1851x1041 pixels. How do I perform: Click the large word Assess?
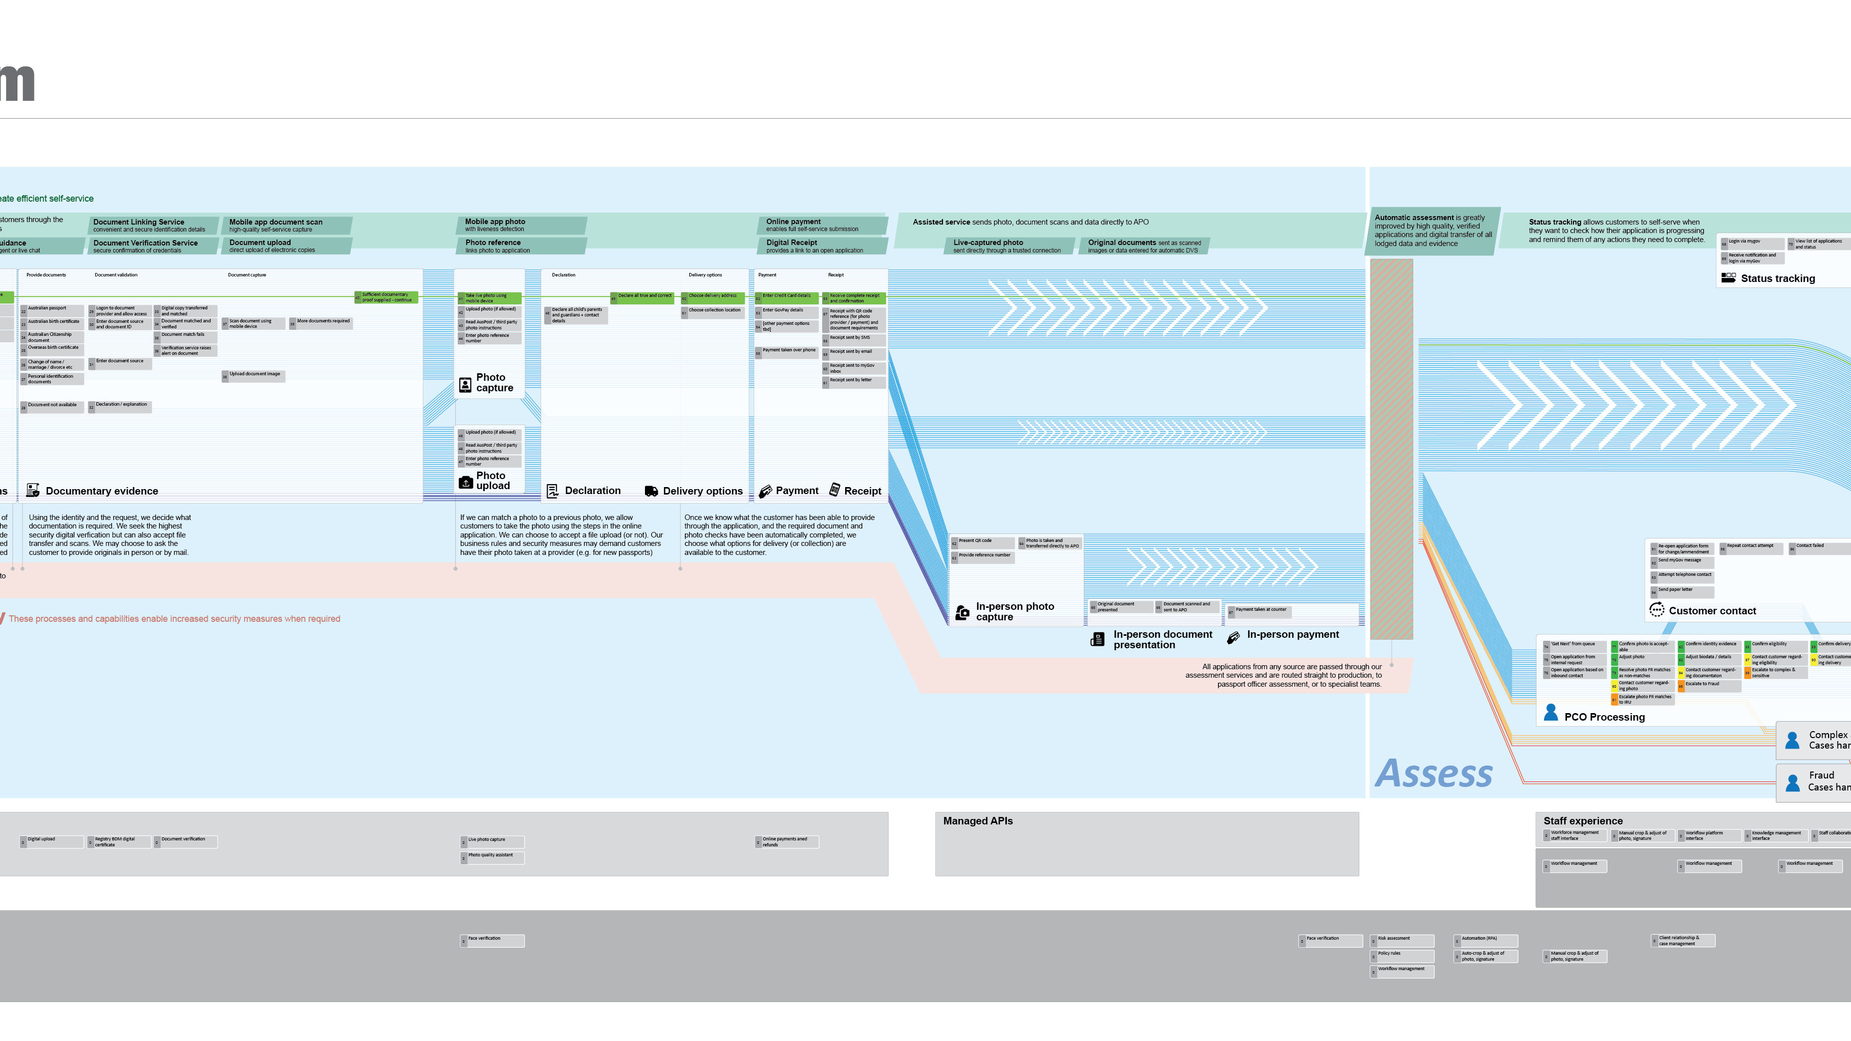[1434, 774]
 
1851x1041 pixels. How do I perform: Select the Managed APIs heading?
[977, 821]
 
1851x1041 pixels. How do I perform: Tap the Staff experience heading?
[1582, 821]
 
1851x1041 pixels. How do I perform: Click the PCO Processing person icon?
[1550, 713]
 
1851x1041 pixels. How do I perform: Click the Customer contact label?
[1712, 611]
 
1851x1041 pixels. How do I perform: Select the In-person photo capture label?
[1014, 611]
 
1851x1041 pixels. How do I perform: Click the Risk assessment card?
[1401, 940]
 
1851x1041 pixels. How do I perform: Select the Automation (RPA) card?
[1485, 940]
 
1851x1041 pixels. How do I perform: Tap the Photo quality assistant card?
[492, 856]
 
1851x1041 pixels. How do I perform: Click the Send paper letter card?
[1681, 590]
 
